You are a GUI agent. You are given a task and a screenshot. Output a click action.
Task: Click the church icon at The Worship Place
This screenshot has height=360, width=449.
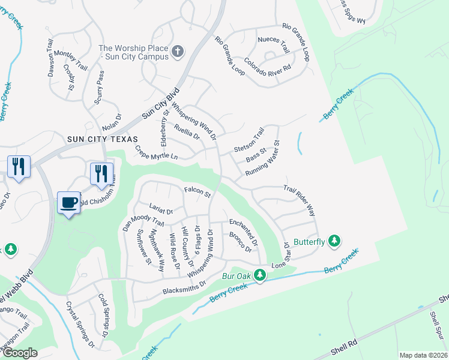click(x=177, y=52)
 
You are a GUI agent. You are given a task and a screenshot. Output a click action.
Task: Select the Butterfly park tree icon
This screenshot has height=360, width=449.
click(x=334, y=241)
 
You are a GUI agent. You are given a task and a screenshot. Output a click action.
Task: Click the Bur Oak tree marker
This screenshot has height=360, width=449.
click(x=260, y=275)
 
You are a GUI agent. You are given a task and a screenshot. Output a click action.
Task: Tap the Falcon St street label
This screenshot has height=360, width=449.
click(x=197, y=193)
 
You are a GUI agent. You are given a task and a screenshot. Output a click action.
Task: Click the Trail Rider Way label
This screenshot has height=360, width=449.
click(x=300, y=200)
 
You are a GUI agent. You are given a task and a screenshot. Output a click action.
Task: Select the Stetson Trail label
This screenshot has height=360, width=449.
click(x=249, y=140)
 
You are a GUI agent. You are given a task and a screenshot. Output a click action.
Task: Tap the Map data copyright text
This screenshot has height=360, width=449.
click(x=423, y=355)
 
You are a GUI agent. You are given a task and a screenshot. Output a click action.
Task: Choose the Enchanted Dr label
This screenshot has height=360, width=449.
click(x=243, y=233)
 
